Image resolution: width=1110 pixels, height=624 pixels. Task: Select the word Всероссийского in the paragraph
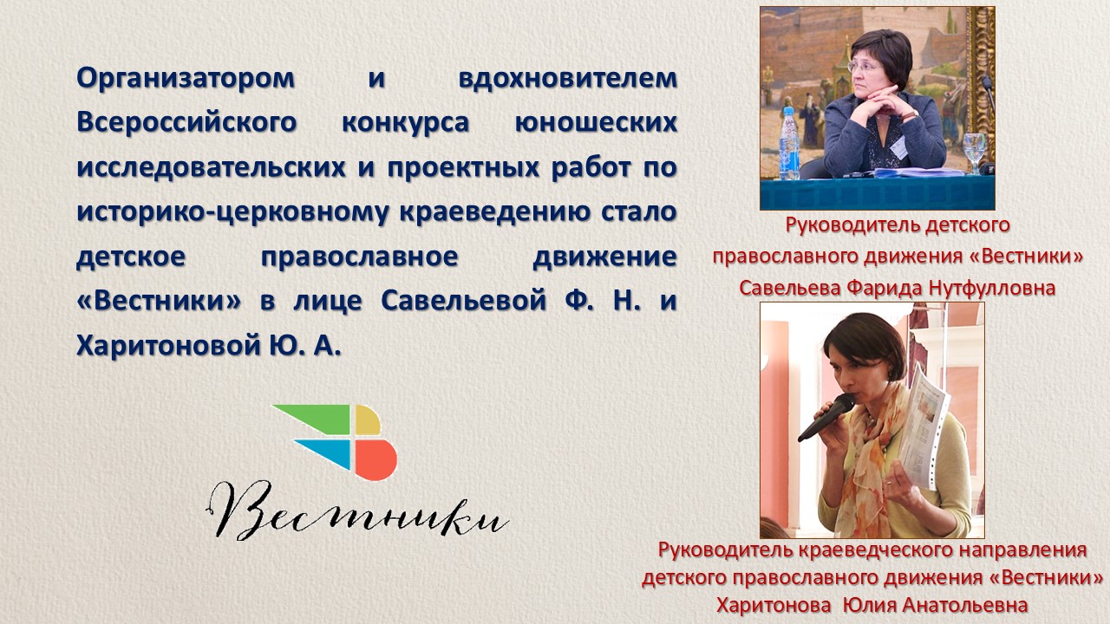(186, 123)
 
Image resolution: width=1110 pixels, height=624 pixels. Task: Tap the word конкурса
(405, 123)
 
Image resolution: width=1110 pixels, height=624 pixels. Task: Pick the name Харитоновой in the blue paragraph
(168, 345)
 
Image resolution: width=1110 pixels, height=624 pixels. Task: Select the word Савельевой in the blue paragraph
(463, 301)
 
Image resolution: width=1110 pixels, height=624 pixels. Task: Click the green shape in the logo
(313, 418)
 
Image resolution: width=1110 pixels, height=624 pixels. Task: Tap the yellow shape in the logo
(368, 420)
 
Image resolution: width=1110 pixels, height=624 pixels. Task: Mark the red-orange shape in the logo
(375, 459)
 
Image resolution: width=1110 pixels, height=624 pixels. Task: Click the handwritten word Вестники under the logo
(356, 511)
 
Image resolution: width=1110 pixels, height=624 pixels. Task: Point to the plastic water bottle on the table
(789, 143)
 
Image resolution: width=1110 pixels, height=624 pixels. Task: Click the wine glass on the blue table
(973, 152)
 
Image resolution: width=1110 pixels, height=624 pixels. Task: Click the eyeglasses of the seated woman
(864, 67)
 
